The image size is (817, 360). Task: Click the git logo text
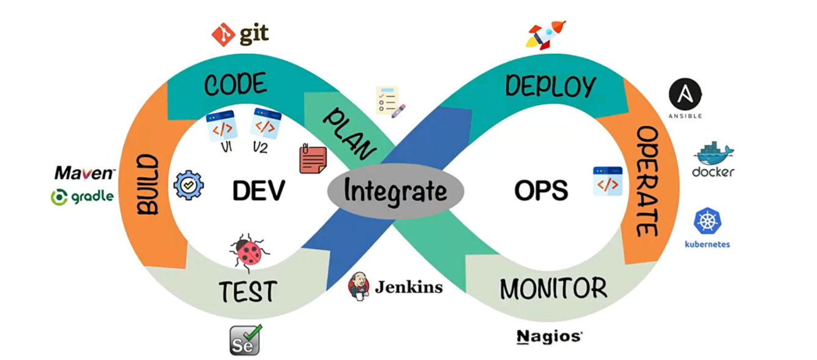253,34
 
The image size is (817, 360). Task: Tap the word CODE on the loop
235,85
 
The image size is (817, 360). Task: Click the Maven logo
84,173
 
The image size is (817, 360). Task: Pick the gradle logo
82,197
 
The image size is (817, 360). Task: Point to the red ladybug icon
249,252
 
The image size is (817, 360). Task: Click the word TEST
248,291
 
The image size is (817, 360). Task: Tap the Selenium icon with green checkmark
245,340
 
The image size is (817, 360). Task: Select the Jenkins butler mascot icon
359,285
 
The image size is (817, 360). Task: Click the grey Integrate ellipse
395,191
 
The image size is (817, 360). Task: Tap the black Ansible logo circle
685,96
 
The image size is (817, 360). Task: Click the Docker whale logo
714,156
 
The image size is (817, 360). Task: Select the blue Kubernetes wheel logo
707,221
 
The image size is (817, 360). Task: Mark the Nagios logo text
549,336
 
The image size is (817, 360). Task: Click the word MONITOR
553,288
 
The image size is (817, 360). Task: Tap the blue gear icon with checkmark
188,185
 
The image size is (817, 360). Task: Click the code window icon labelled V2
264,124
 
